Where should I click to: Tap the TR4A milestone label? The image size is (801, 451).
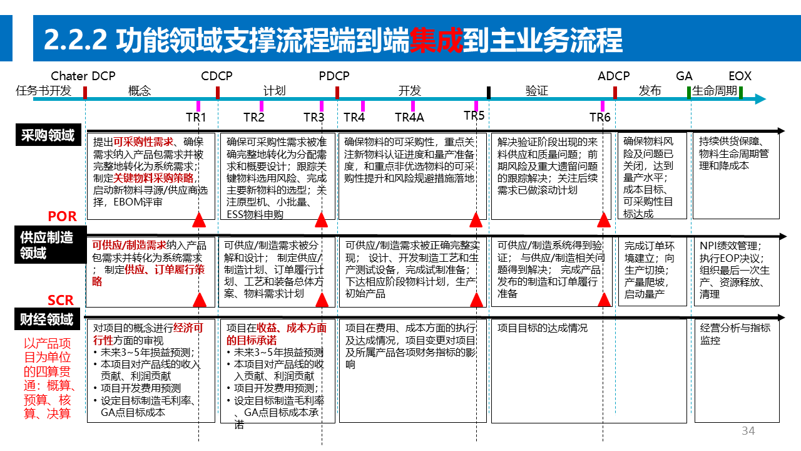point(409,117)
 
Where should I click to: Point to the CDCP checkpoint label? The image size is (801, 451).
point(217,76)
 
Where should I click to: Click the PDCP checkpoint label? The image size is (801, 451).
point(334,76)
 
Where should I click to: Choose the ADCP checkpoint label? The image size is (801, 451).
point(613,76)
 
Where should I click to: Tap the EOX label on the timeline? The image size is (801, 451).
point(740,76)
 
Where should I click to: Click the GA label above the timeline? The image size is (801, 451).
point(684,76)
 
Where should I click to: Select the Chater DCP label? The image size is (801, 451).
point(83,76)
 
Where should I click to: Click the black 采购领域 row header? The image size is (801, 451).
point(48,135)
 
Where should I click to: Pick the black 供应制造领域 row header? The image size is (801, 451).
point(48,245)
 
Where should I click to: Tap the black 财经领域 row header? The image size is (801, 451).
point(48,319)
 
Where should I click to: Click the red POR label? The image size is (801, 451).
point(62,217)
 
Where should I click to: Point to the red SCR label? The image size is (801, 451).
point(61,300)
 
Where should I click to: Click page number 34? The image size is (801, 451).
point(748,431)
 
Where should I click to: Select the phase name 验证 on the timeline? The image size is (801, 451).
point(536,91)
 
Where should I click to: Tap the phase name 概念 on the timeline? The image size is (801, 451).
point(139,91)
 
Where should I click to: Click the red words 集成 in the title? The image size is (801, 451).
point(436,40)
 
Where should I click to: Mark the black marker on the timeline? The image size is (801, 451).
point(489,93)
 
